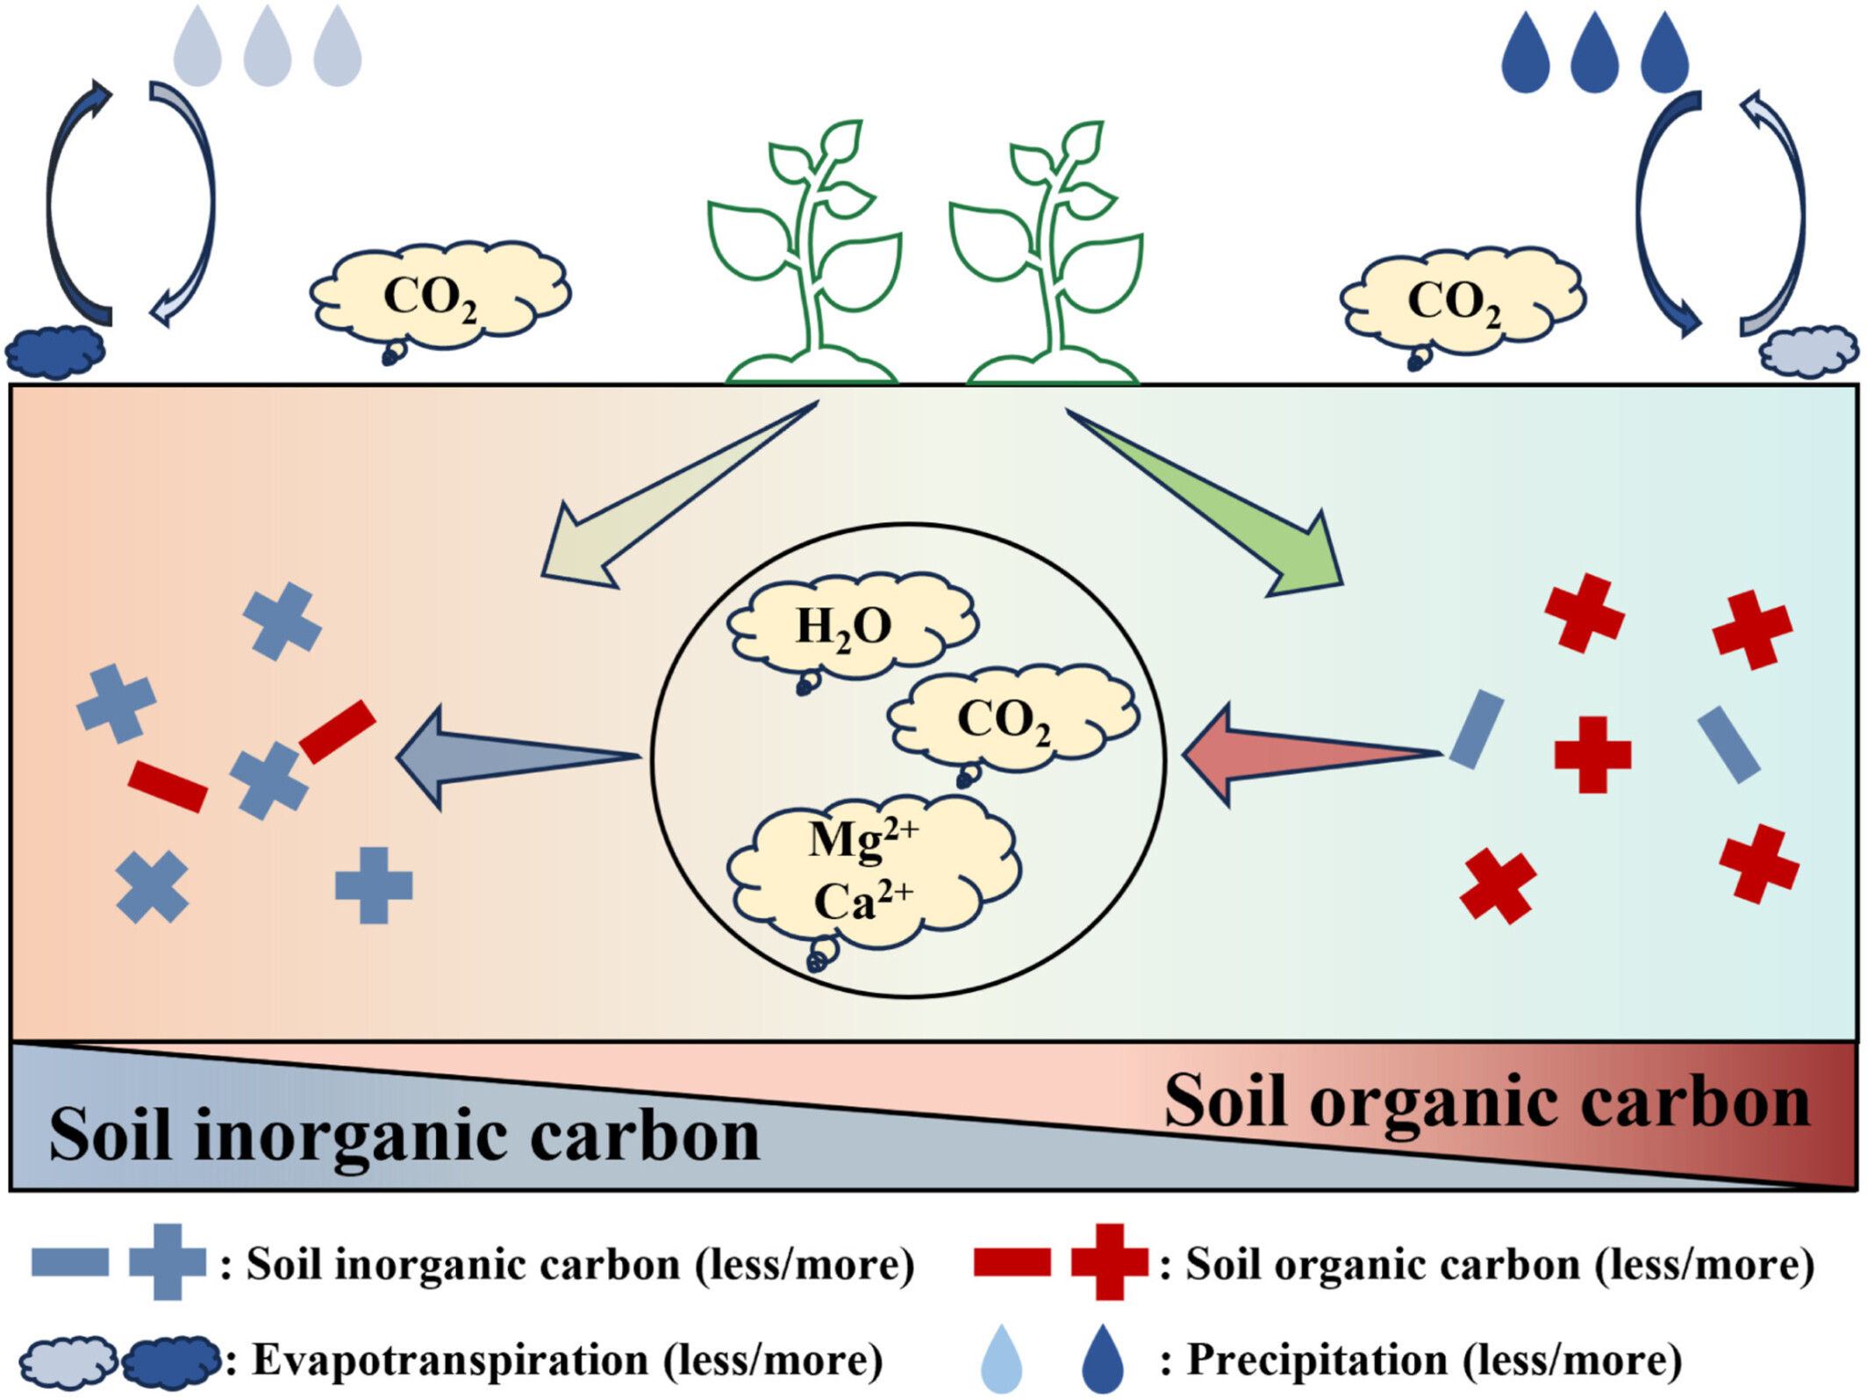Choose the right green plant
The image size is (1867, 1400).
pyautogui.click(x=1048, y=255)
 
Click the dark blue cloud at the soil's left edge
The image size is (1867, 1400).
pyautogui.click(x=55, y=352)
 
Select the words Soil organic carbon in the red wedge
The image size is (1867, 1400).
pyautogui.click(x=1487, y=1102)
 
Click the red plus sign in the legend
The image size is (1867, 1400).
pyautogui.click(x=1109, y=1262)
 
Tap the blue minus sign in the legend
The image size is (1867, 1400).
pyautogui.click(x=70, y=1262)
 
